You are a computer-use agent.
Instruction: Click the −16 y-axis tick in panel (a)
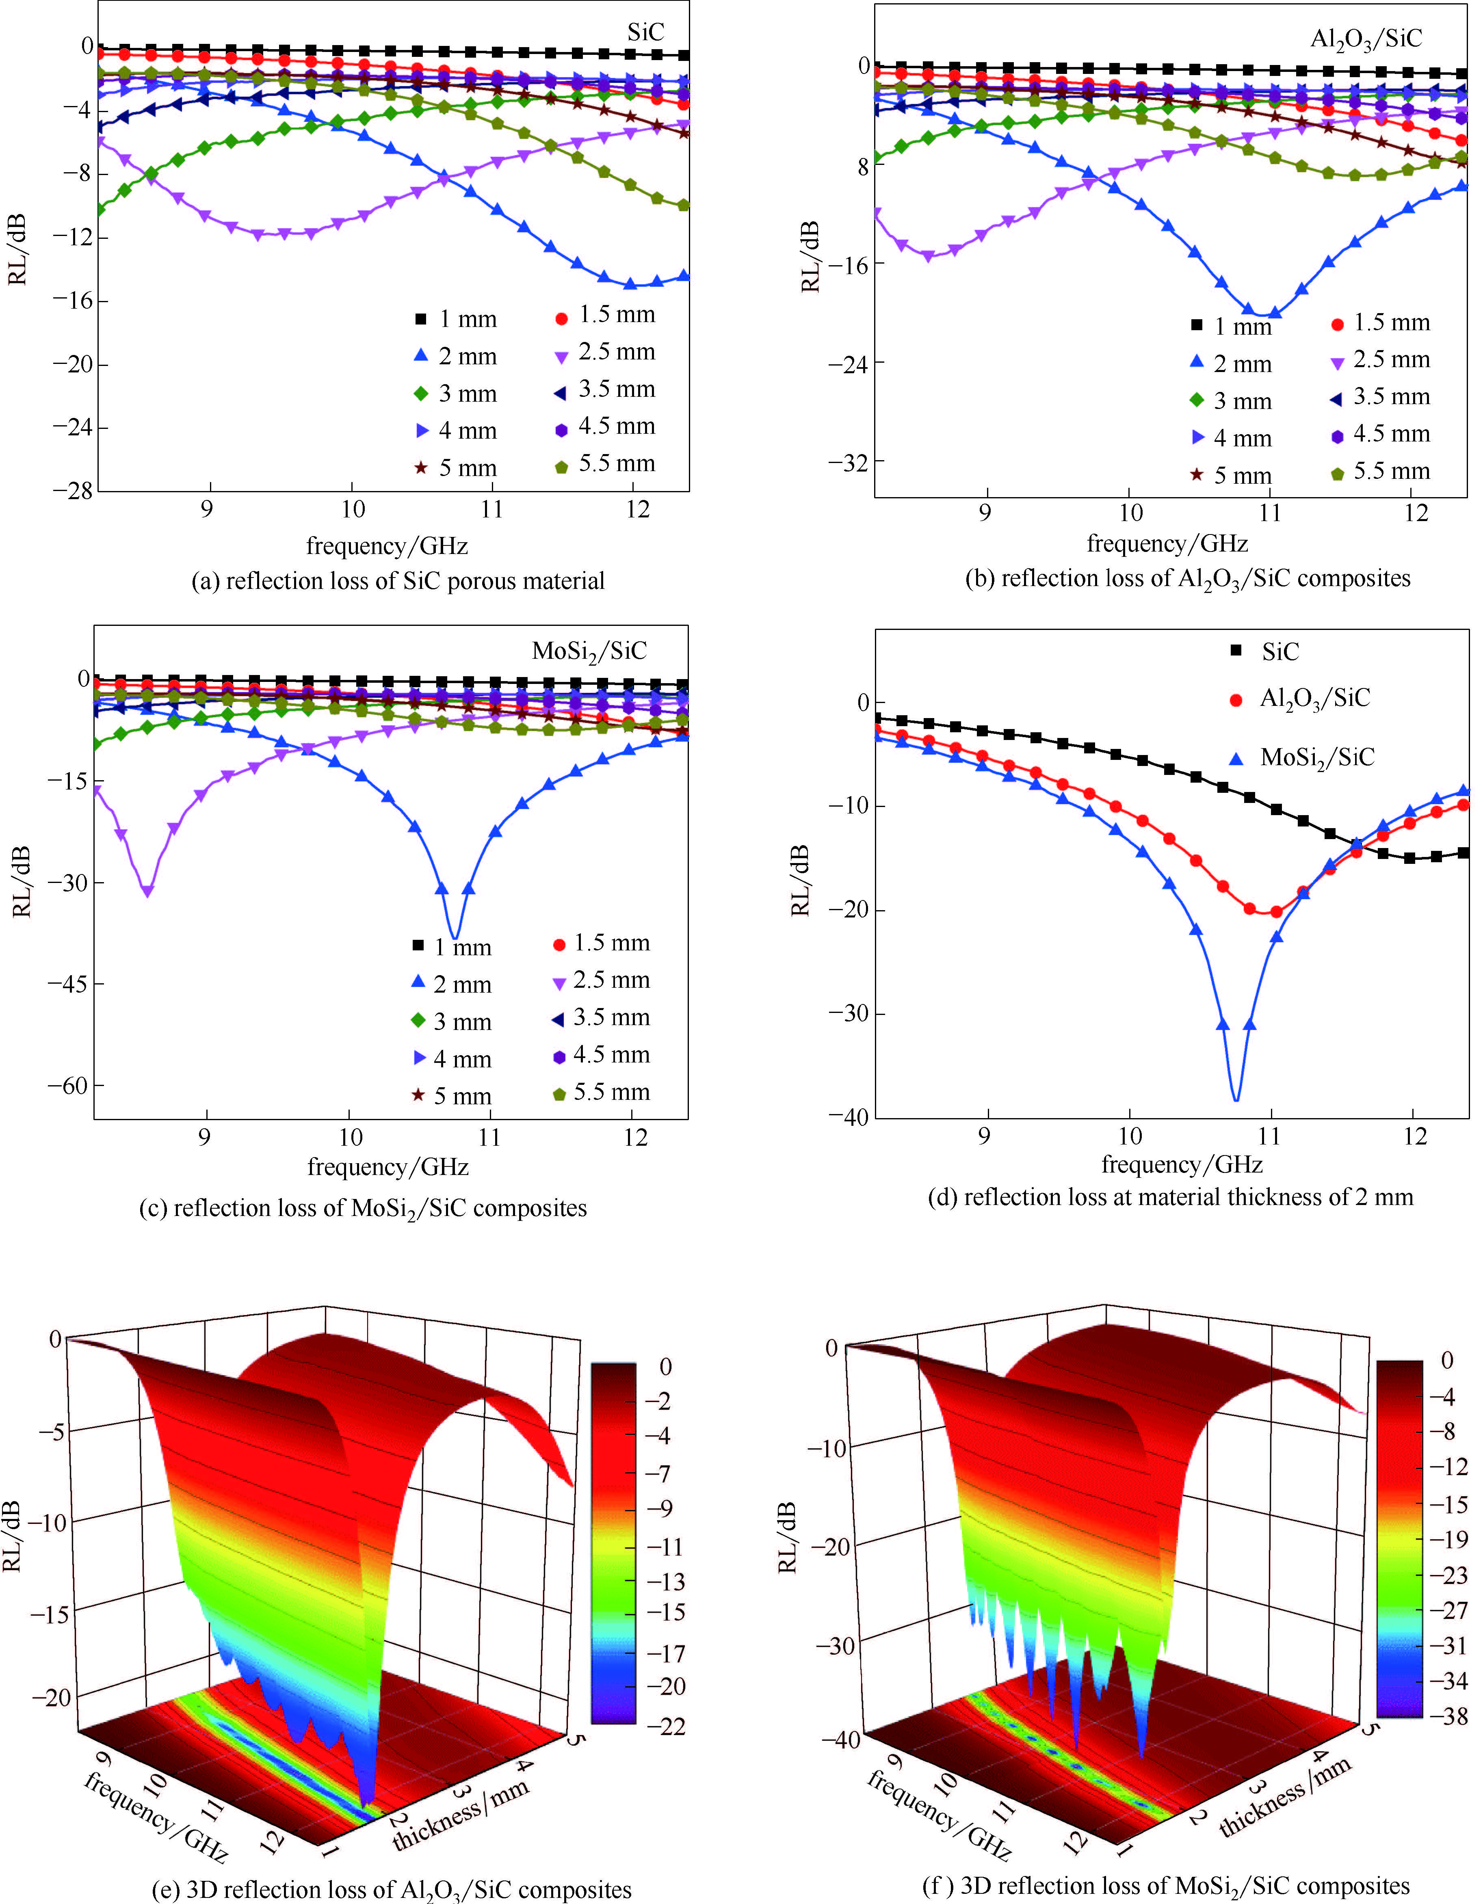coord(73,301)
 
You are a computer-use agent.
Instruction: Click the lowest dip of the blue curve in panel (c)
coord(454,938)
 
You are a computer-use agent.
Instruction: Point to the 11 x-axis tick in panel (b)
coord(1270,513)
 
